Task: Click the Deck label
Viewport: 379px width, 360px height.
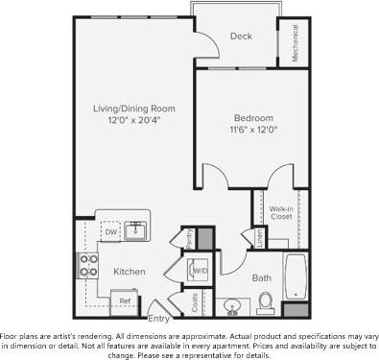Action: point(241,37)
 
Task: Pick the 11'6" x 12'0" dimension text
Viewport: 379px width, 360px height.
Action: point(250,130)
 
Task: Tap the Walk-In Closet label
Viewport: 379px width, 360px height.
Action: point(280,211)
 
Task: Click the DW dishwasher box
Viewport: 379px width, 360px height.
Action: point(110,232)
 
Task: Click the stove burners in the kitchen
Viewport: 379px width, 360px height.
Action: point(87,265)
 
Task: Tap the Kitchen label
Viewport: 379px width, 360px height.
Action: point(130,272)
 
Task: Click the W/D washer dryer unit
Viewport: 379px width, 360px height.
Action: point(201,271)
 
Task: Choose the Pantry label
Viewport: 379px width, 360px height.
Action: point(190,239)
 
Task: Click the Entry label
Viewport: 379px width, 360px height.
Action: point(157,318)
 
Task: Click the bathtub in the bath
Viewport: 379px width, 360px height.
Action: point(295,276)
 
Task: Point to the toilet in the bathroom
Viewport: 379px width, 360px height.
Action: point(266,302)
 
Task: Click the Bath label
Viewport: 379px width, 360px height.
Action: point(262,278)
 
